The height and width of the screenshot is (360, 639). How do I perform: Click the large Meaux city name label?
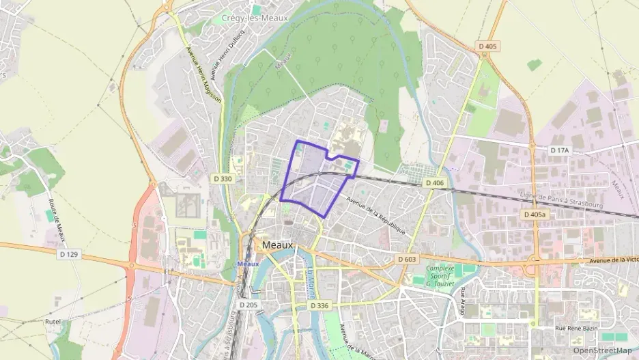coord(277,245)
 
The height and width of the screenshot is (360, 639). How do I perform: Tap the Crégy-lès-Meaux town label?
coord(255,18)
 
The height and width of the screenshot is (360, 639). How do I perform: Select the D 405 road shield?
coord(487,46)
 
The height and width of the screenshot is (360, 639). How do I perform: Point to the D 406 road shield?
coord(434,183)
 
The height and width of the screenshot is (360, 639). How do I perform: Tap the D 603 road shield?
coord(406,259)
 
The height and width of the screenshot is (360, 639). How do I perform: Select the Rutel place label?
coord(53,320)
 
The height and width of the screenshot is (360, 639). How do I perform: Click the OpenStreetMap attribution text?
coord(601,350)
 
